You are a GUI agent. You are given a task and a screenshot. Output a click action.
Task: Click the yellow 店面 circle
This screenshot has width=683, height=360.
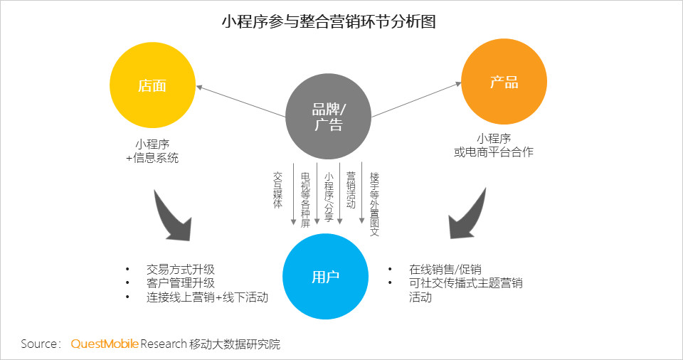click(152, 85)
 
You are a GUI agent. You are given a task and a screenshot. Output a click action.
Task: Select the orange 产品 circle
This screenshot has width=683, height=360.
click(504, 82)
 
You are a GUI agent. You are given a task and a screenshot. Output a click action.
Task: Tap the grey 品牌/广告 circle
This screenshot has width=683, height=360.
click(329, 117)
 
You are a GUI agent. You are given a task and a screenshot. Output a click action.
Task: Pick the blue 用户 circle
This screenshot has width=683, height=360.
click(325, 276)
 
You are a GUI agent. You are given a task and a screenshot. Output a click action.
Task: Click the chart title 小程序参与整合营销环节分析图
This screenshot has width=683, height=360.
click(329, 21)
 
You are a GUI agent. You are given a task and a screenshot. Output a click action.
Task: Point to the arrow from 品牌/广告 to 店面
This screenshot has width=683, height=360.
click(241, 101)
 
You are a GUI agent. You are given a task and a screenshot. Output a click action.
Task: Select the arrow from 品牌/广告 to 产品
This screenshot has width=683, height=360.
click(416, 100)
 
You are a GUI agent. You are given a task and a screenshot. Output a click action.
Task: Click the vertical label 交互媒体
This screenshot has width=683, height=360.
click(277, 190)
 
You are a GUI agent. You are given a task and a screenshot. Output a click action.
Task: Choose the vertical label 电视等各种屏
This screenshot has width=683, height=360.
click(305, 200)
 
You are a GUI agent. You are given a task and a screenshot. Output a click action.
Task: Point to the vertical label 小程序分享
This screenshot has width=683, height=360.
click(329, 197)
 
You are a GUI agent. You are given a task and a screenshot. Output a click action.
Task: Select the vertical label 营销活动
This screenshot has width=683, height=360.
click(351, 190)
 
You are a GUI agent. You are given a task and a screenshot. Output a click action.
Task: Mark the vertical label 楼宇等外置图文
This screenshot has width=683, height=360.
click(374, 204)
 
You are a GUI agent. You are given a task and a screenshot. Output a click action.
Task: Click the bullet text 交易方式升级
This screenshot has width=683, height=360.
click(180, 270)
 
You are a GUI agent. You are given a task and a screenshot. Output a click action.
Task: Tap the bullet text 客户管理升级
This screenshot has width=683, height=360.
click(180, 283)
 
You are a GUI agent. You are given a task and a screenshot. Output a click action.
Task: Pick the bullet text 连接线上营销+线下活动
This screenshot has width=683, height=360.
click(207, 297)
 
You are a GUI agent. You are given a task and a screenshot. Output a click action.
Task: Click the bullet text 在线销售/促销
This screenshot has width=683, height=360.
click(445, 270)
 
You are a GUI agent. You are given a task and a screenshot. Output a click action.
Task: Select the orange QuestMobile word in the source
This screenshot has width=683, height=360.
click(105, 344)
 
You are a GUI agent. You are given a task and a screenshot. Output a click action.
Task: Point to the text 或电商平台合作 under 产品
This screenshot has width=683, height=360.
click(494, 152)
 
